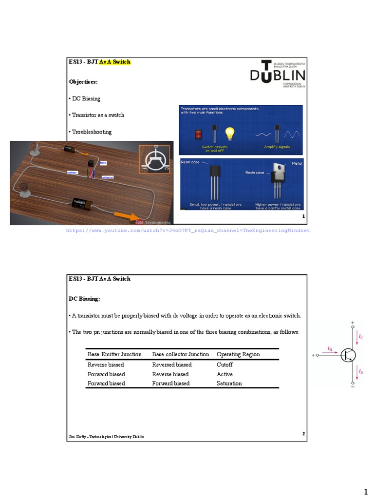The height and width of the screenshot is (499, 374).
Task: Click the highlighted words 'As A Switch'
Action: coord(115,62)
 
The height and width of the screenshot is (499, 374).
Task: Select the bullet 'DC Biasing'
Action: coord(86,98)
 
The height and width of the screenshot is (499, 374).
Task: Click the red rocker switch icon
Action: coord(199,134)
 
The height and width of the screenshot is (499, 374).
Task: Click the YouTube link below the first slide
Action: coord(187,230)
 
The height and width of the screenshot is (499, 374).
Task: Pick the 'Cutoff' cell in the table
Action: coord(225,365)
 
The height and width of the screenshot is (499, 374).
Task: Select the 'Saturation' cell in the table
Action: coord(229,384)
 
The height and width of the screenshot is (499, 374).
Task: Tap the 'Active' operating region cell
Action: coord(224,374)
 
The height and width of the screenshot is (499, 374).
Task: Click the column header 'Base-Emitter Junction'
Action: coord(114,354)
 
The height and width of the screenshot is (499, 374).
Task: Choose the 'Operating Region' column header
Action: coord(238,354)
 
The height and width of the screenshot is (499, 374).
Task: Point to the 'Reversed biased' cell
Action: coord(172,365)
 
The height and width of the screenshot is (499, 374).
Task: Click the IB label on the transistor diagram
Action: coord(330,349)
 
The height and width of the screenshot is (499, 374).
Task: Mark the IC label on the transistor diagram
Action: coord(360,337)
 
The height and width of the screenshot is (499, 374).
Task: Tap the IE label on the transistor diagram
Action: coord(360,372)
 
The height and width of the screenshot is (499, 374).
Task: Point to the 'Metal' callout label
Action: coord(297,163)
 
